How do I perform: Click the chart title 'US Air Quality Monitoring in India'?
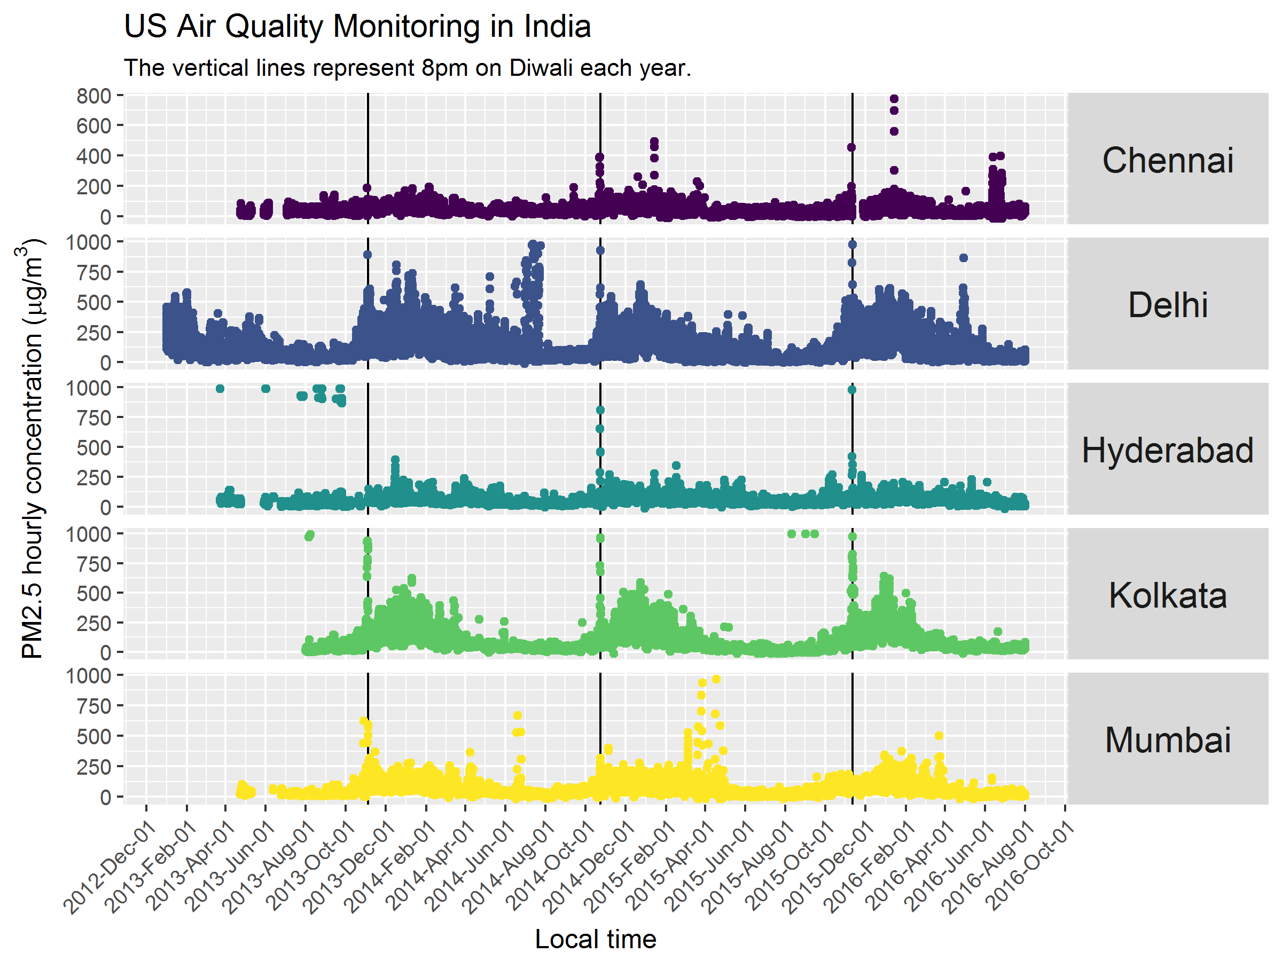(357, 27)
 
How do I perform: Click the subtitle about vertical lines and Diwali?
(408, 68)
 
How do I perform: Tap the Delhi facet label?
(1167, 305)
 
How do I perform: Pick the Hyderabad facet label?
(1167, 450)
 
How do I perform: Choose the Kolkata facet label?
(1167, 595)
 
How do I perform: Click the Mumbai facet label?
(1167, 741)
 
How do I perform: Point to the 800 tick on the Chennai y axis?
(94, 96)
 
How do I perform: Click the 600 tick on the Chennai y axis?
(94, 125)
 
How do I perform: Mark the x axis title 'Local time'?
(595, 939)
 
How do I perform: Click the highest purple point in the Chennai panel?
(894, 98)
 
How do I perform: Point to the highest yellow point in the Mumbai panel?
(716, 679)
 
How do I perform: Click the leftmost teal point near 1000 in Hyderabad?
(220, 389)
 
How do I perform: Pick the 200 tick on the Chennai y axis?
(94, 186)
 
